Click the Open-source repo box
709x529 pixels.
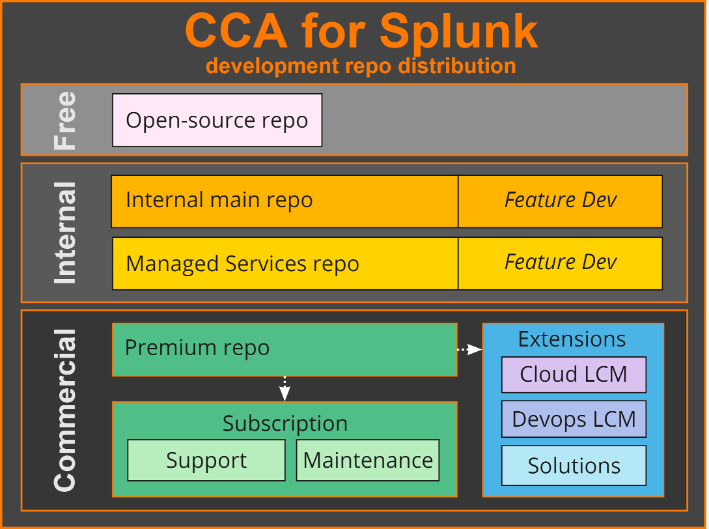click(217, 121)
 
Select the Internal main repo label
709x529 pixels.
click(219, 200)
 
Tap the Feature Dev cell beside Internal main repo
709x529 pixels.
click(560, 200)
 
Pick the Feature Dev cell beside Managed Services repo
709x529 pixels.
click(560, 263)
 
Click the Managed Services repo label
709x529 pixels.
click(242, 264)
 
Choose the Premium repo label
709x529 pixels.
click(197, 348)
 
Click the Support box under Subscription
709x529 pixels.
click(206, 461)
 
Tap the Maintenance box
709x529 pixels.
click(368, 461)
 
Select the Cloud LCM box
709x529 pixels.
click(573, 375)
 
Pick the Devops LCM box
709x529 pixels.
click(573, 419)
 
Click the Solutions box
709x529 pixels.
click(573, 466)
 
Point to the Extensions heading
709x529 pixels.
click(572, 339)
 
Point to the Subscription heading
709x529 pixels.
click(285, 423)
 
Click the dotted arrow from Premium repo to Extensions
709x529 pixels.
click(469, 350)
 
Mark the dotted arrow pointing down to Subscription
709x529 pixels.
click(285, 388)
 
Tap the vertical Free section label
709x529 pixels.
click(65, 121)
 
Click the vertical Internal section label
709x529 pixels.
click(65, 233)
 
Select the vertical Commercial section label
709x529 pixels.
click(65, 410)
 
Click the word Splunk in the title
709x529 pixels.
click(459, 31)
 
